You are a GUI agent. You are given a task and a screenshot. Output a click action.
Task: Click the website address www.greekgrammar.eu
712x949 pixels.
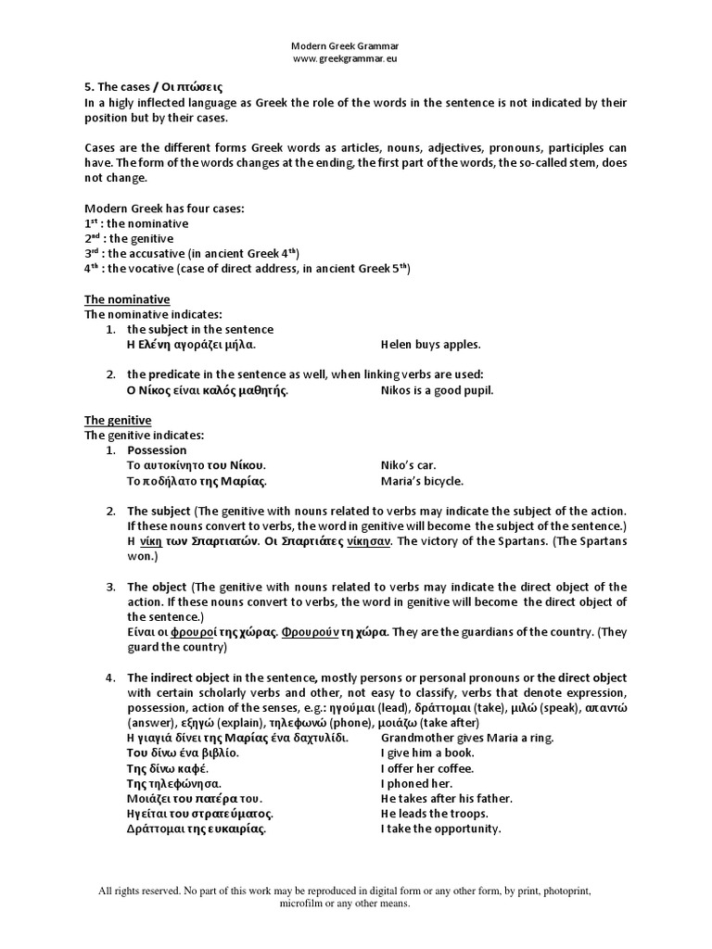click(346, 58)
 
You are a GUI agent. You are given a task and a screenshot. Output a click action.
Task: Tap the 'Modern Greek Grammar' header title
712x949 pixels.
click(345, 45)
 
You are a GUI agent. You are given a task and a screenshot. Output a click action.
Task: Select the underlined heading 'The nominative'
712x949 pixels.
click(127, 299)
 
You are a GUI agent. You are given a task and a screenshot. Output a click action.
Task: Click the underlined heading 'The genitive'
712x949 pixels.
click(118, 421)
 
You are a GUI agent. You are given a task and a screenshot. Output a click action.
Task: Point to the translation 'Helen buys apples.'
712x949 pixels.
click(431, 345)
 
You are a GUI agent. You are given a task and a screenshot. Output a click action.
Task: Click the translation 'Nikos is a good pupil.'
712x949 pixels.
click(438, 390)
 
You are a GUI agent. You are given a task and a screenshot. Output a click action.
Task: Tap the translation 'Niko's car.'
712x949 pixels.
click(408, 465)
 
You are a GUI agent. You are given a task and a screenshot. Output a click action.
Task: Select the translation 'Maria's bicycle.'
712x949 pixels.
click(422, 481)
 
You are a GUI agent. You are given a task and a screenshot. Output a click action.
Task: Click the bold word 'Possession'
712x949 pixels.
click(157, 450)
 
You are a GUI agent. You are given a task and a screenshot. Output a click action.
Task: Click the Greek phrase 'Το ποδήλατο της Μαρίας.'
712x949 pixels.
click(197, 481)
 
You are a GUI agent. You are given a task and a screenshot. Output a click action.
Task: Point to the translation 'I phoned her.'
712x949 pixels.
click(416, 783)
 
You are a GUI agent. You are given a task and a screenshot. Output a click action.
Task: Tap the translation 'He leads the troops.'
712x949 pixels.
click(435, 814)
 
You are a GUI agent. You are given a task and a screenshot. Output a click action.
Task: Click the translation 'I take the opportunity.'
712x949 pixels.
click(440, 829)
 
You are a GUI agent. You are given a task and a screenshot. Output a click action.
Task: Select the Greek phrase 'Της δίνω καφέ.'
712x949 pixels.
click(167, 768)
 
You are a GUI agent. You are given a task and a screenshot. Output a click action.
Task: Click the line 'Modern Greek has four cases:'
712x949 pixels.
click(164, 209)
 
